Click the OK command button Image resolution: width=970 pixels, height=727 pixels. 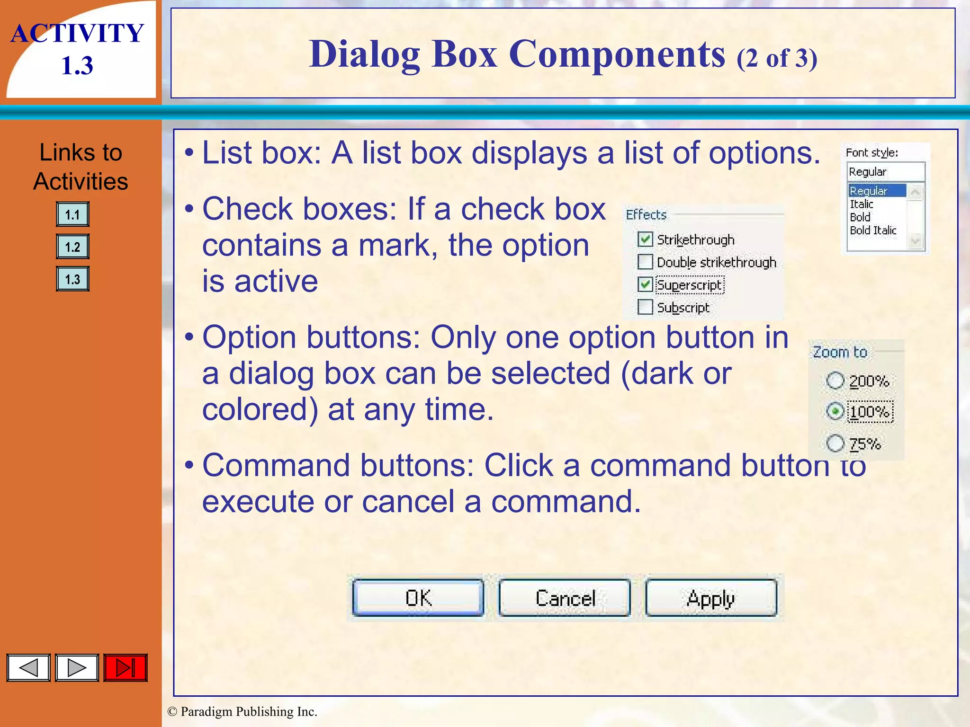(x=418, y=598)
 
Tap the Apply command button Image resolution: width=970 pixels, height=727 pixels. (x=710, y=598)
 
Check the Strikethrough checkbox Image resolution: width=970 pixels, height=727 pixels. (x=645, y=239)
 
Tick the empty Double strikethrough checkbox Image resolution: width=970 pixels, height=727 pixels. (x=645, y=262)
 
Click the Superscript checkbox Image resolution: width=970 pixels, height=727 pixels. (x=645, y=284)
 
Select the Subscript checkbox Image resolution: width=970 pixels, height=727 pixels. (x=645, y=307)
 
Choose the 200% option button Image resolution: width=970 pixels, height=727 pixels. (x=835, y=381)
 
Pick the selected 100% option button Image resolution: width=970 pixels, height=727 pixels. (x=835, y=411)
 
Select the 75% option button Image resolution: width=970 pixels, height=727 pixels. (x=835, y=443)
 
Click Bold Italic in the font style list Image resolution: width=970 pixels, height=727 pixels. (x=873, y=231)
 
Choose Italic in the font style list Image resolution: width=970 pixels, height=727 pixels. (x=862, y=204)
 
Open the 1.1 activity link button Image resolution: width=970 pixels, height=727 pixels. (x=72, y=214)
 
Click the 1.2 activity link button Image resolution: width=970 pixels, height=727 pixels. (x=72, y=247)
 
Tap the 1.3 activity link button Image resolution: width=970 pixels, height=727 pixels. (x=72, y=279)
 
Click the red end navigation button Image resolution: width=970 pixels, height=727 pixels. (x=126, y=668)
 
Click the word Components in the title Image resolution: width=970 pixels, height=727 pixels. (x=617, y=54)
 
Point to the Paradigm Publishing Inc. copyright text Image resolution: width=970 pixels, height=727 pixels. (x=242, y=712)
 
